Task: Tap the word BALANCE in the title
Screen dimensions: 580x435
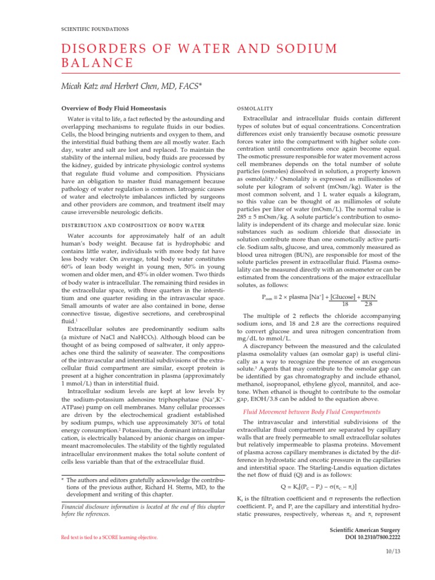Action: [x=97, y=63]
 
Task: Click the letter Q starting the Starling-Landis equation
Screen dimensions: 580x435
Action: [x=284, y=487]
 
